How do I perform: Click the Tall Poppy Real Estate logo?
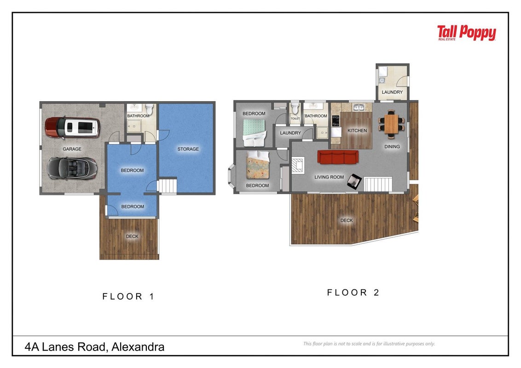tap(466, 33)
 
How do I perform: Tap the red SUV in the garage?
tap(72, 127)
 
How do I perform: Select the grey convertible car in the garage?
tap(72, 168)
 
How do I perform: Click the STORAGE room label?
tap(188, 149)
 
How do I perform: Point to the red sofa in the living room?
tap(338, 157)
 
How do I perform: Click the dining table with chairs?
tap(392, 124)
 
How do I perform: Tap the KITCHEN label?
tap(357, 131)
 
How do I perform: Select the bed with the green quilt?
tap(255, 132)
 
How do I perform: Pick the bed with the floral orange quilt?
tap(258, 165)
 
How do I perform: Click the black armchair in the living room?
tap(354, 181)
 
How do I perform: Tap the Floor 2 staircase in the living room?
tap(378, 184)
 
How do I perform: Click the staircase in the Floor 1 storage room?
tap(167, 186)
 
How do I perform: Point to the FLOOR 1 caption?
tap(128, 296)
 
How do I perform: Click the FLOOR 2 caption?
tap(353, 292)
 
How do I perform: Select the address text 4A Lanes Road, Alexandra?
tap(94, 347)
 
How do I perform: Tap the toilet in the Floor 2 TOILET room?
tap(295, 108)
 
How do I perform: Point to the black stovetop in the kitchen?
tap(336, 121)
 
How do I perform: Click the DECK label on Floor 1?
tap(132, 236)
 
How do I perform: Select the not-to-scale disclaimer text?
tap(369, 344)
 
